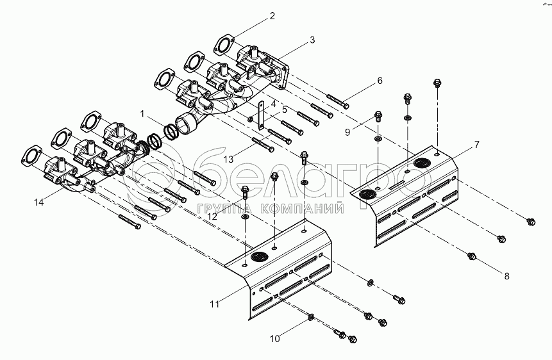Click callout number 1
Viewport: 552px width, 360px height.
click(142, 114)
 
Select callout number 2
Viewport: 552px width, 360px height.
click(272, 16)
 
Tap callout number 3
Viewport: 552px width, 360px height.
click(312, 40)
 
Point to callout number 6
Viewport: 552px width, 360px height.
click(380, 81)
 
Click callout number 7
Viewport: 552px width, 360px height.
click(476, 145)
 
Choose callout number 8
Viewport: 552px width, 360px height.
click(506, 276)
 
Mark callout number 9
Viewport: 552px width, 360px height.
click(347, 133)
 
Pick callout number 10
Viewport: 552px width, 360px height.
click(275, 339)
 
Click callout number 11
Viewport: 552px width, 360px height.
click(215, 304)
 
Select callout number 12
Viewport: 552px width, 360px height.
click(212, 217)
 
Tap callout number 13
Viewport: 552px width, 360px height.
click(228, 160)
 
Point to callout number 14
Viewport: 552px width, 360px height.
click(38, 202)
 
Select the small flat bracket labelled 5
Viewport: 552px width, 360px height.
click(261, 117)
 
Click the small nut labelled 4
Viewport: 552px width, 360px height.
click(250, 120)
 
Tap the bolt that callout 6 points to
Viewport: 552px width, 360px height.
click(338, 101)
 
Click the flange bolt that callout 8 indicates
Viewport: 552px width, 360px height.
click(472, 256)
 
